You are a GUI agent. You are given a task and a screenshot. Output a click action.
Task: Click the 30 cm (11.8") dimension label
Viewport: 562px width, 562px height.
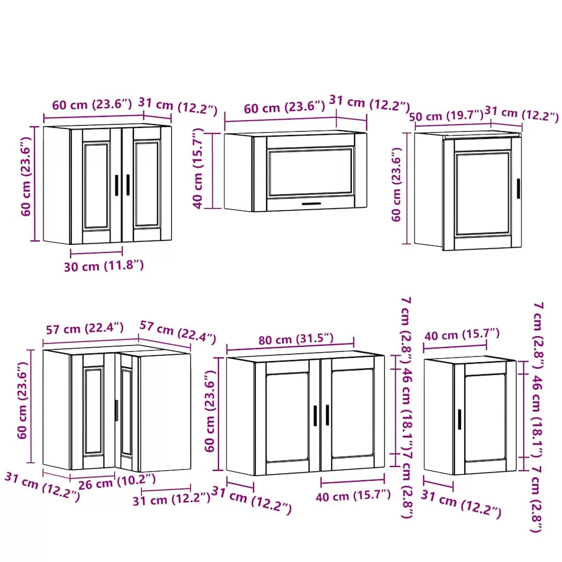tap(104, 266)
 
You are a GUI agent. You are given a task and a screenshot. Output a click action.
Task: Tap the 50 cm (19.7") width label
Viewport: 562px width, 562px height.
tap(446, 116)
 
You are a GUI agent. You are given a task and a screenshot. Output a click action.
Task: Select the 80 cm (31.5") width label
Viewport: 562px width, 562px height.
tap(296, 339)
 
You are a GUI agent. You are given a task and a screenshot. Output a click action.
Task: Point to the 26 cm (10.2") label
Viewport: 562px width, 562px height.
tap(117, 481)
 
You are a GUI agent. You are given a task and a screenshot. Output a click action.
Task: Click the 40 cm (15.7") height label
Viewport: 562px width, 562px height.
tap(198, 168)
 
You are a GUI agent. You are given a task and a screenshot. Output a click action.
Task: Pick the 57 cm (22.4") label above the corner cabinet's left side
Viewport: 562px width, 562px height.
tap(85, 328)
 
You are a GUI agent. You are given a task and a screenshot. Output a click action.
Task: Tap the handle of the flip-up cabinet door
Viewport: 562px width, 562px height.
tap(312, 204)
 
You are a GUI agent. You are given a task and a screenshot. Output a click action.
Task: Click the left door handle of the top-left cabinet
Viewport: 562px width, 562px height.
tap(116, 186)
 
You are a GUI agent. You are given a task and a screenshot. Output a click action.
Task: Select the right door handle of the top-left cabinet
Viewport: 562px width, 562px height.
tap(128, 185)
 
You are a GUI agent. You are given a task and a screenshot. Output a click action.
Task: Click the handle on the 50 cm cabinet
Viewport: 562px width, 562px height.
tap(518, 188)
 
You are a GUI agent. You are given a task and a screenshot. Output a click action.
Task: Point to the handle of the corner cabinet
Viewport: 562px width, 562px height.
tap(116, 411)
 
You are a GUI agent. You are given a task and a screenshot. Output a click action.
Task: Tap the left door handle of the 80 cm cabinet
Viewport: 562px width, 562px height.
tap(315, 416)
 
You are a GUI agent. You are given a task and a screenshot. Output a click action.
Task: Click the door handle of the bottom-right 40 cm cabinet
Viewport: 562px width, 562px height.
tap(459, 419)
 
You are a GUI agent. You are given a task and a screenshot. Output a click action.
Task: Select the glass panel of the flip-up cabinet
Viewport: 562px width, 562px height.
tap(311, 172)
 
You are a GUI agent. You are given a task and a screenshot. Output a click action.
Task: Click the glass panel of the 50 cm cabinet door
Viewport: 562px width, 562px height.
tap(482, 194)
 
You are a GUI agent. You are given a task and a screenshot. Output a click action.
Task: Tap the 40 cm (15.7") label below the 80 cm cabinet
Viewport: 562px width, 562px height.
tap(353, 496)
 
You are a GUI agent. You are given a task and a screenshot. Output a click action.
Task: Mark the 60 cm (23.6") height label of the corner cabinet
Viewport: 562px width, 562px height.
tap(22, 400)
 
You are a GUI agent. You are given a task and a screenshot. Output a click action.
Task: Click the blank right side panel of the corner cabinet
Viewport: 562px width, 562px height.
tap(165, 412)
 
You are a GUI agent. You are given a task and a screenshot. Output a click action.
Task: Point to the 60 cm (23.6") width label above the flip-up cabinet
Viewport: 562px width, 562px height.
tap(285, 107)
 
